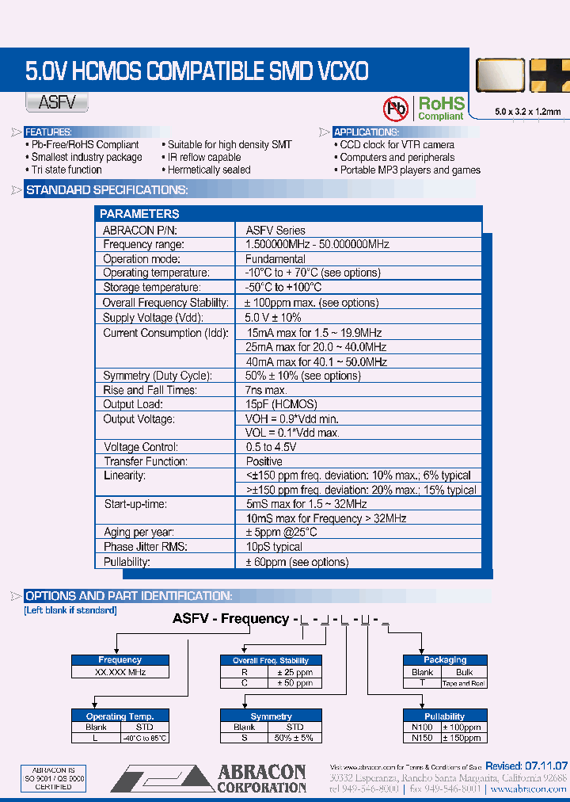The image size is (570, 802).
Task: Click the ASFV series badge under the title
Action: (56, 102)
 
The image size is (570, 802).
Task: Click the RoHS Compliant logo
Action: (440, 109)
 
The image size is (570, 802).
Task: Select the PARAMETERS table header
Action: (140, 214)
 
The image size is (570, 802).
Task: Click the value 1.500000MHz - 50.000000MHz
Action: (317, 244)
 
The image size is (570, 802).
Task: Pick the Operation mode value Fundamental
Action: (275, 258)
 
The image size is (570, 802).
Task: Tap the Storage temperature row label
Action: (152, 287)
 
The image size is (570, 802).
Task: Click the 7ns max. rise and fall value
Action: (266, 390)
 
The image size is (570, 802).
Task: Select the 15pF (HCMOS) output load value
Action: (280, 404)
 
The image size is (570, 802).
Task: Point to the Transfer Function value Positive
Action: (264, 461)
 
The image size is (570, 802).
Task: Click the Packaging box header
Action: (445, 659)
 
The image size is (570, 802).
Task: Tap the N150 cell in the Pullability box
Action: (423, 738)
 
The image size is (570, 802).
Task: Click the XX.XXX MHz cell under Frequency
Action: (120, 671)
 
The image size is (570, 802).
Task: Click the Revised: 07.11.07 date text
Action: (526, 766)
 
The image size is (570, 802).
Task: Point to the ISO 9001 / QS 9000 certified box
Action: (53, 779)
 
